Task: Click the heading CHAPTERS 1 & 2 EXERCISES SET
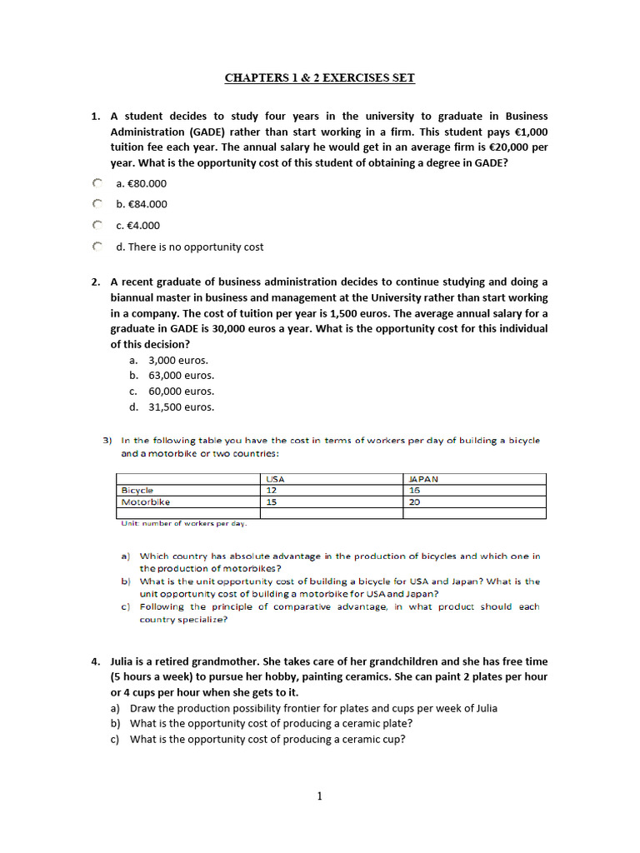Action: tap(319, 78)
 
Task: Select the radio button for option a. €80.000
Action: tap(97, 182)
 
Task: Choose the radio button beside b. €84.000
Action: tap(97, 203)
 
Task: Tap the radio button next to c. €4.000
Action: tap(97, 225)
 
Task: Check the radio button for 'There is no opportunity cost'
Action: tap(97, 247)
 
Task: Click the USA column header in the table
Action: tap(274, 479)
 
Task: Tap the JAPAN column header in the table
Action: tap(423, 479)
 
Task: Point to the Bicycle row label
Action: tap(137, 491)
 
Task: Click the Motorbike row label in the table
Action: tap(145, 502)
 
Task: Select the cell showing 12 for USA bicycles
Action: tap(271, 491)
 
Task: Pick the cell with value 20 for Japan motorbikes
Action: tap(415, 502)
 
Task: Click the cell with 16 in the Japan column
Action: tap(415, 491)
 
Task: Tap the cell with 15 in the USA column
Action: tap(271, 502)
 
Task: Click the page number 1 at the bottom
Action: tap(319, 796)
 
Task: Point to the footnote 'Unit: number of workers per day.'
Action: tap(183, 523)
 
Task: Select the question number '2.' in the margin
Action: tap(97, 282)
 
